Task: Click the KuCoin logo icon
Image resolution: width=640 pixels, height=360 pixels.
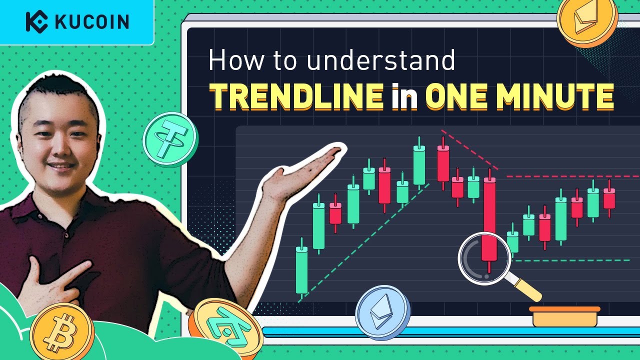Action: [36, 21]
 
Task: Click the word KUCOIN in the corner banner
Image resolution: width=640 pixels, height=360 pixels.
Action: [92, 22]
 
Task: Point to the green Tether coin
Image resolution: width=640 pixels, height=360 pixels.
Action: [170, 139]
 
